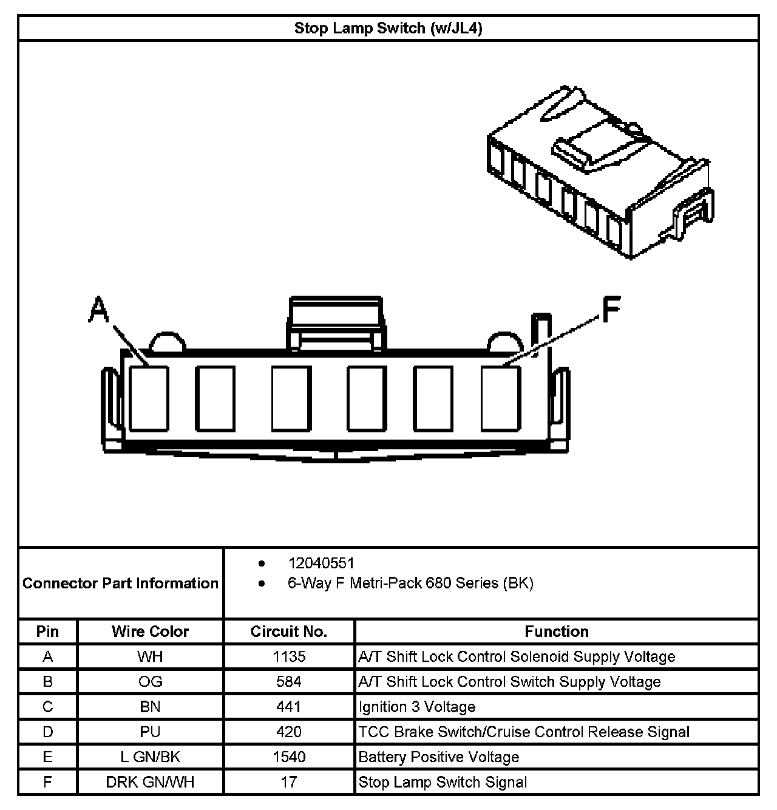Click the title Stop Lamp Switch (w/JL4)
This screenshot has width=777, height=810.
coord(388,29)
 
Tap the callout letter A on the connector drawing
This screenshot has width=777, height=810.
coord(99,309)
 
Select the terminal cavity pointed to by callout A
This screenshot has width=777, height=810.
coord(149,398)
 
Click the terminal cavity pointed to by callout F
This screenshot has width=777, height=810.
coord(501,398)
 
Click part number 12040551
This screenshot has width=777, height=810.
coord(321,563)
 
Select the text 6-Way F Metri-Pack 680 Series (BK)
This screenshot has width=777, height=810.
coord(410,584)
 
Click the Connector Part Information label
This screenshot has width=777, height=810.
coord(120,584)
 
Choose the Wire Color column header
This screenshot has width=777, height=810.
coord(150,631)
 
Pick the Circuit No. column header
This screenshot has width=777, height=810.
coord(289,631)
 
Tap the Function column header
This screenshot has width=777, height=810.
coord(557,631)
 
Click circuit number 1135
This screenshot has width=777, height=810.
coord(289,656)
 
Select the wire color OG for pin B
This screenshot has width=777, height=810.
coord(150,682)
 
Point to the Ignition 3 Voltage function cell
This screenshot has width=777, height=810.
coord(417,707)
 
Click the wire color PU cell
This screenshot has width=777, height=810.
coord(150,732)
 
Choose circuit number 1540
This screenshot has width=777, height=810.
coord(289,757)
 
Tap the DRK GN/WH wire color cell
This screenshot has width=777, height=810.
coord(150,782)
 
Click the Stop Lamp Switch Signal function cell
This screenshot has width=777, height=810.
coord(443,782)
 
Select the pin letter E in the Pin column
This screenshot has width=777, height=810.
coord(47,757)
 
